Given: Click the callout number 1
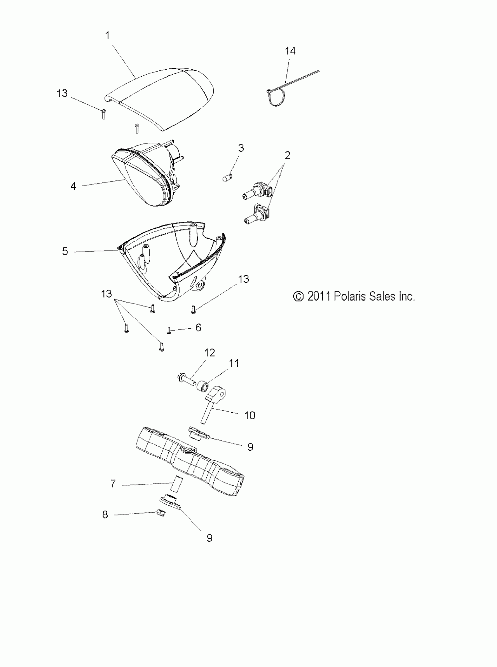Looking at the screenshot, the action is point(107,36).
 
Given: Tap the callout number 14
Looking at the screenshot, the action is point(290,51).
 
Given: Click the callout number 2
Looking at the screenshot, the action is point(287,156).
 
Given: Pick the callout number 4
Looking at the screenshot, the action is point(73,187).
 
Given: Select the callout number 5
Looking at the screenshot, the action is point(65,251).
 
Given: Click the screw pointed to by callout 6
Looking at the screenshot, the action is point(169,331).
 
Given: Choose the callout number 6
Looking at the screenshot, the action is point(198,328).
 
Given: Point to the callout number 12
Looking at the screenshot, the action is point(210,353).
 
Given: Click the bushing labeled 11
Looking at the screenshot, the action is point(203,386).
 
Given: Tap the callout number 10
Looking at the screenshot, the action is point(250,416).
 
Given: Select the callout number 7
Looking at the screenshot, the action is point(113,484).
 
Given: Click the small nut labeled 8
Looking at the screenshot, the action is point(162,513).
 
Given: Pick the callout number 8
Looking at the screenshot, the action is point(105,515).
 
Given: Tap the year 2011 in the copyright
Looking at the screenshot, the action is point(319,297).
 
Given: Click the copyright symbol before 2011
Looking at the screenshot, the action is point(298,297).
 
